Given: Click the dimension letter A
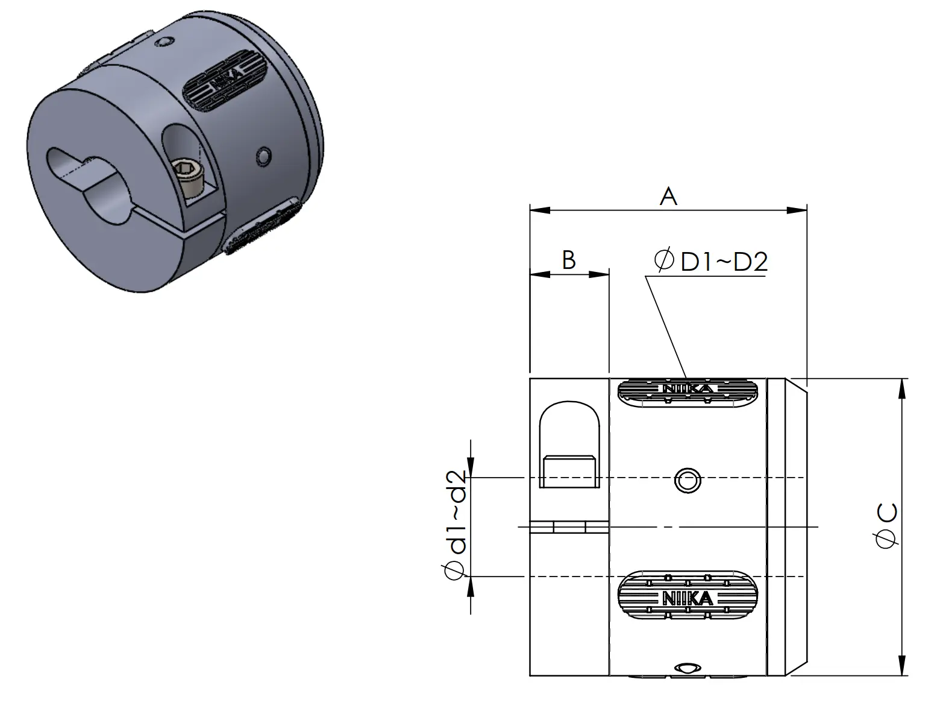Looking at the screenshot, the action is click(668, 197).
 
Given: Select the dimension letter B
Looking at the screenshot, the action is click(569, 260).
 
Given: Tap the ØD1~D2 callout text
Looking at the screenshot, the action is click(711, 261).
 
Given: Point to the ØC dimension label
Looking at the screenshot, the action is click(886, 525).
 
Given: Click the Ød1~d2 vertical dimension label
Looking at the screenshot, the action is click(455, 525).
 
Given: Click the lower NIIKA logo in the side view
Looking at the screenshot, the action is click(688, 598).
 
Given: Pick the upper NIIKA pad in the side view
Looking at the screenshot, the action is click(688, 391).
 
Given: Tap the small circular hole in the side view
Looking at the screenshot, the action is click(688, 481).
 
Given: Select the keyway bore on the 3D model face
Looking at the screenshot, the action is click(88, 185).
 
